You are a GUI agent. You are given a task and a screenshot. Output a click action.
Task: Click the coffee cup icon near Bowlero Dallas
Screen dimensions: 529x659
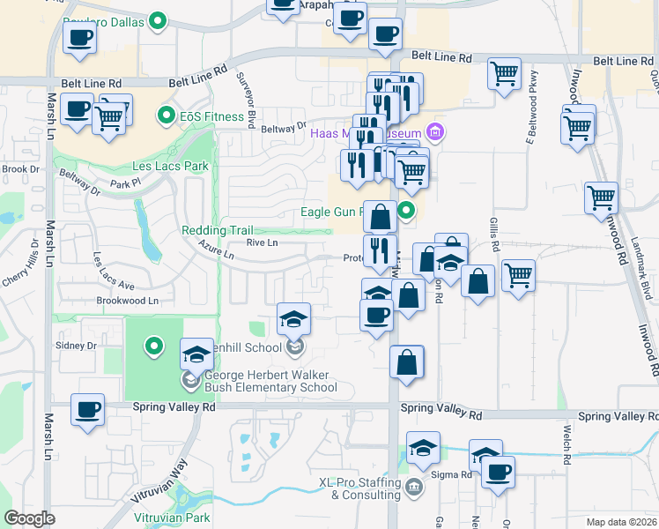pyautogui.click(x=80, y=39)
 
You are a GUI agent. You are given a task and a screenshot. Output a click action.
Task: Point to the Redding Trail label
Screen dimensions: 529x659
pyautogui.click(x=217, y=230)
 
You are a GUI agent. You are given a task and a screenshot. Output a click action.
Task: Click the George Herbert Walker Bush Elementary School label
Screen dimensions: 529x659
pyautogui.click(x=270, y=381)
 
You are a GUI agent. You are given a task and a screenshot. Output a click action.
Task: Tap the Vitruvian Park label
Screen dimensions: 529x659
pyautogui.click(x=174, y=518)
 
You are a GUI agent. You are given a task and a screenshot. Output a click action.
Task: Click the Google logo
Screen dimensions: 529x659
pyautogui.click(x=30, y=518)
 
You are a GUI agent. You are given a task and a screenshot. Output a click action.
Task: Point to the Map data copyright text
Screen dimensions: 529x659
pyautogui.click(x=621, y=522)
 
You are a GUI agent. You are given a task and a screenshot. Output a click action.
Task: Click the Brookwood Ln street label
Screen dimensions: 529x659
pyautogui.click(x=128, y=301)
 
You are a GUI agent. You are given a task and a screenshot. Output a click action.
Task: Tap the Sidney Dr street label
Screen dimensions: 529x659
pyautogui.click(x=75, y=346)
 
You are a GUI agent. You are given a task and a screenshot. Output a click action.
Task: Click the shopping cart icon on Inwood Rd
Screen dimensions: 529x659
pyautogui.click(x=601, y=197)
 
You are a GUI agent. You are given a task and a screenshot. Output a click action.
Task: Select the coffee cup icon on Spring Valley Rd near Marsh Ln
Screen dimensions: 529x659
pyautogui.click(x=88, y=410)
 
